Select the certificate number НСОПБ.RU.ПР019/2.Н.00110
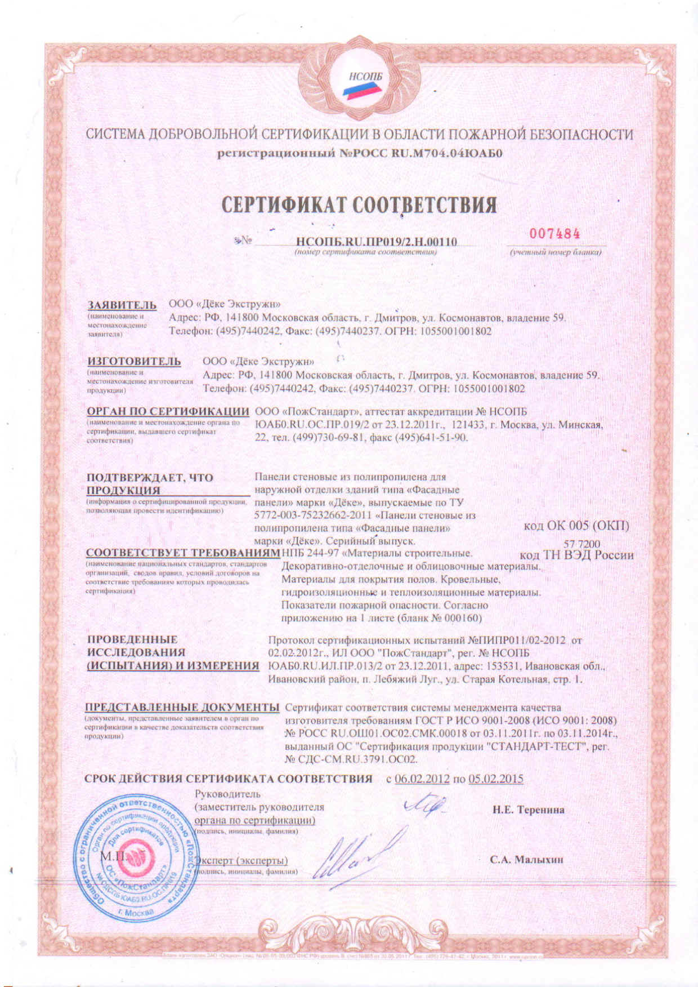point(376,242)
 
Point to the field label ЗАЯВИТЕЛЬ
point(122,305)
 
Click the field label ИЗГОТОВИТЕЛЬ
point(134,361)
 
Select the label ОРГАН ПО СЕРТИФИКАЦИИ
point(168,411)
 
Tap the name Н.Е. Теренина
point(529,810)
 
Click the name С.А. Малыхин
point(526,860)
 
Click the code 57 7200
point(582,544)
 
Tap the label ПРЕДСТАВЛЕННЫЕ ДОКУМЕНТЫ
point(182,707)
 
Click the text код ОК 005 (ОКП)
point(576,526)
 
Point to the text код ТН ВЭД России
point(577,555)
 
